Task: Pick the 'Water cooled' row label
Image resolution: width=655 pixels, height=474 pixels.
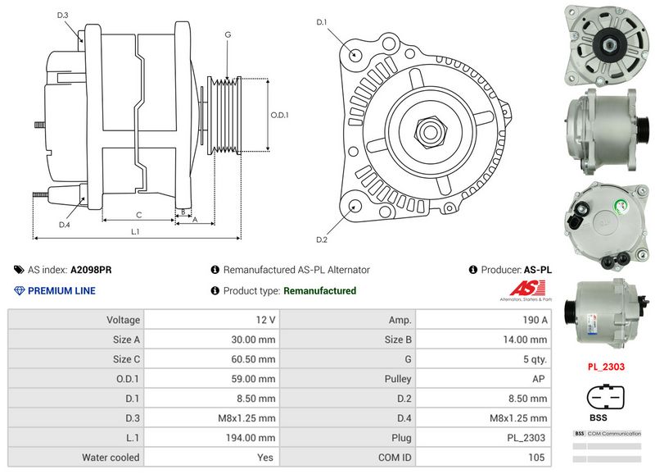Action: tap(111, 458)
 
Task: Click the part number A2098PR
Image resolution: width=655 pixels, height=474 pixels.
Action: tap(91, 270)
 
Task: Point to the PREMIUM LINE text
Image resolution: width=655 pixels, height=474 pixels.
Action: tap(61, 291)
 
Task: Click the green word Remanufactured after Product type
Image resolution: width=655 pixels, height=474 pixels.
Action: tap(319, 291)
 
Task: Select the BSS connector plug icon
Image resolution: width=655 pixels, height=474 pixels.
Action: tap(606, 396)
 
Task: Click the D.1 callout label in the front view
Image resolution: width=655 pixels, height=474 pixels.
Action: tap(322, 22)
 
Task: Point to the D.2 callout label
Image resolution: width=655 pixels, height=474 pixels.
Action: tap(322, 239)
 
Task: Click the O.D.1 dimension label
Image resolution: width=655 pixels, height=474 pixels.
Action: tap(280, 115)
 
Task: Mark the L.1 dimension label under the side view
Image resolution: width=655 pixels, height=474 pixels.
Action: tap(136, 232)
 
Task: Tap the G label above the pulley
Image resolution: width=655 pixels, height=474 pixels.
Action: tap(227, 34)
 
